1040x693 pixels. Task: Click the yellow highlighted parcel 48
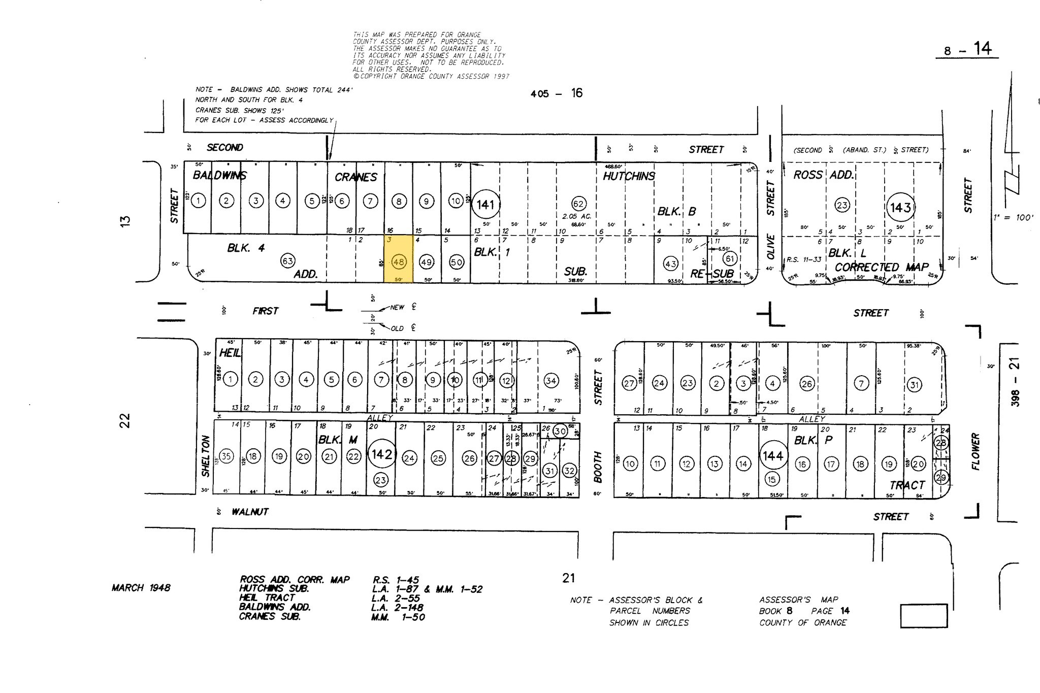(x=398, y=259)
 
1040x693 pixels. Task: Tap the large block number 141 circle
(x=485, y=205)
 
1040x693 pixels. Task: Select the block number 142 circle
(x=381, y=454)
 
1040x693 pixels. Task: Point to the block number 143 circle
(x=900, y=207)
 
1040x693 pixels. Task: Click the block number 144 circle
(x=772, y=456)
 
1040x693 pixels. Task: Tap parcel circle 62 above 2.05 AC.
(x=578, y=203)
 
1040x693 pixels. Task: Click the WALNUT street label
(x=250, y=512)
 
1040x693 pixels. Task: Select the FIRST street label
(x=265, y=311)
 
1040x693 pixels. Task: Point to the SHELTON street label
(x=206, y=456)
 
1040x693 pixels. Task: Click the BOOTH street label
(x=598, y=467)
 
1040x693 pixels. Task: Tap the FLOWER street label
(x=975, y=451)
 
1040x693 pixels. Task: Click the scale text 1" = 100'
(x=1013, y=218)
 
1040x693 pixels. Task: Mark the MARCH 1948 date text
(x=141, y=588)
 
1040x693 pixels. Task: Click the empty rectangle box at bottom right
(x=924, y=615)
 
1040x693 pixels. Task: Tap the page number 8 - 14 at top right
(x=967, y=50)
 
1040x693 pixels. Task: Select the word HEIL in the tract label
(x=230, y=353)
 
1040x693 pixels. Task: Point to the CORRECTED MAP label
(x=881, y=267)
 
